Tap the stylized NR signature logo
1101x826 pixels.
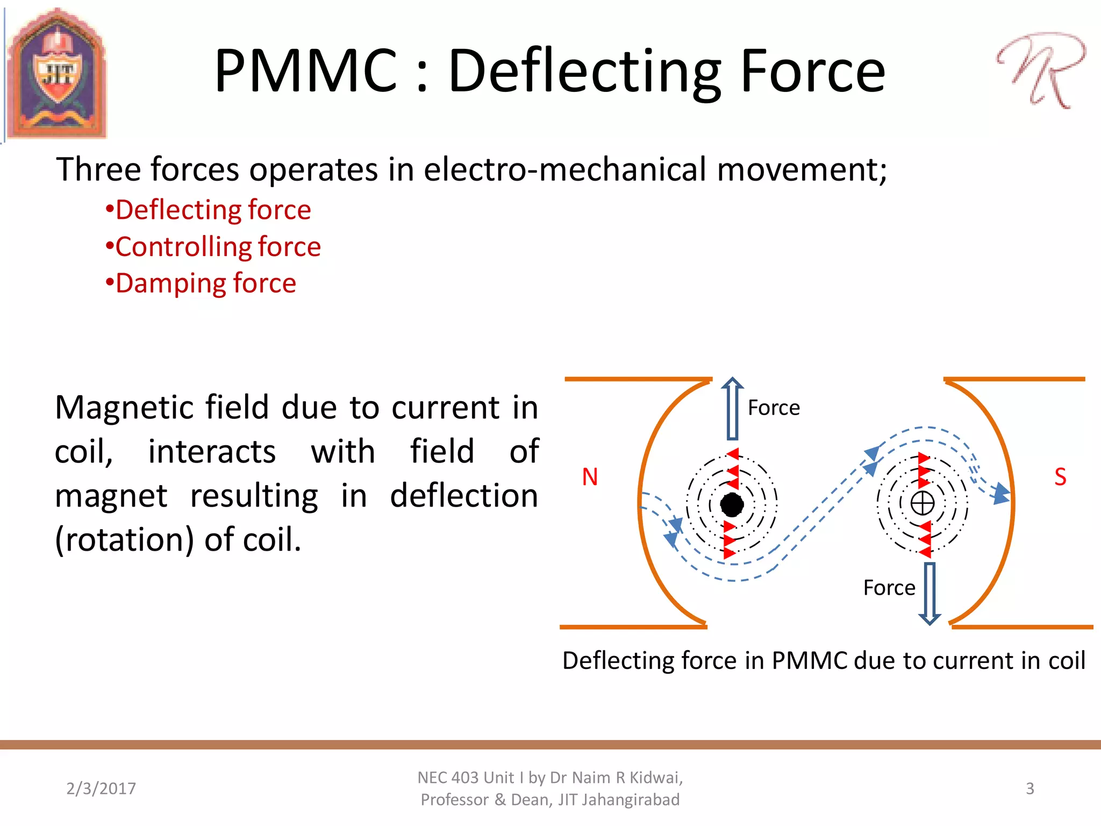1041,70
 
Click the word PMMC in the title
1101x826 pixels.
305,72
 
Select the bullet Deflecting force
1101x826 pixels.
209,210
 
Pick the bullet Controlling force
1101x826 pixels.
213,247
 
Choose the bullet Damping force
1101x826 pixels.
201,283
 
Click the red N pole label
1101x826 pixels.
590,477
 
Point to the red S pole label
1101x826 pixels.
1060,477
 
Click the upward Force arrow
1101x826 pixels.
732,409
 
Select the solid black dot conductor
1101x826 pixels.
732,504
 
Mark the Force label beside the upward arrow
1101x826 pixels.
774,408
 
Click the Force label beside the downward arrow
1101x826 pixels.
889,588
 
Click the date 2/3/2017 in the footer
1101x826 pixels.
101,788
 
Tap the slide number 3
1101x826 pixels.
1029,788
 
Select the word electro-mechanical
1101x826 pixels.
564,169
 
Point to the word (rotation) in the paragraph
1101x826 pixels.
124,539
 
